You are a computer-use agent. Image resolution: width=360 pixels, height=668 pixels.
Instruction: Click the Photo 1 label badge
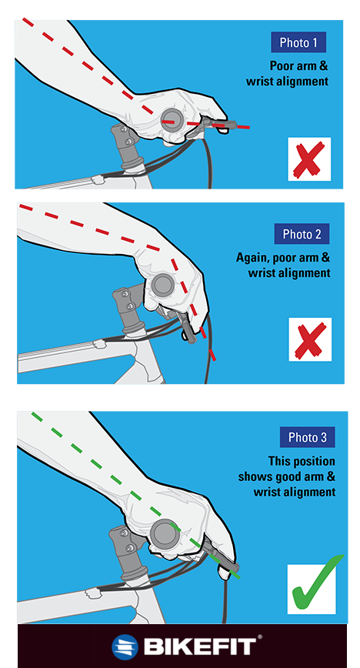point(299,42)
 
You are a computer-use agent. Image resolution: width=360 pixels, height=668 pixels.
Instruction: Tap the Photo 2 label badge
point(302,234)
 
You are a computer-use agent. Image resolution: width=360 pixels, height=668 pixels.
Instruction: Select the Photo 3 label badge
point(307,438)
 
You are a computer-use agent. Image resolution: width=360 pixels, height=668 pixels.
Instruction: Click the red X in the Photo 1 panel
point(308,159)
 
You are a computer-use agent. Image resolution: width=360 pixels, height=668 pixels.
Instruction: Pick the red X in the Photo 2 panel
point(310,339)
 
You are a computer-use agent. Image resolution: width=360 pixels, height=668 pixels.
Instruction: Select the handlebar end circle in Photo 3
point(165,532)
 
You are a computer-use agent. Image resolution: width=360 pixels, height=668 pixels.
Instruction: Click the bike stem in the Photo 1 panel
point(126,146)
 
